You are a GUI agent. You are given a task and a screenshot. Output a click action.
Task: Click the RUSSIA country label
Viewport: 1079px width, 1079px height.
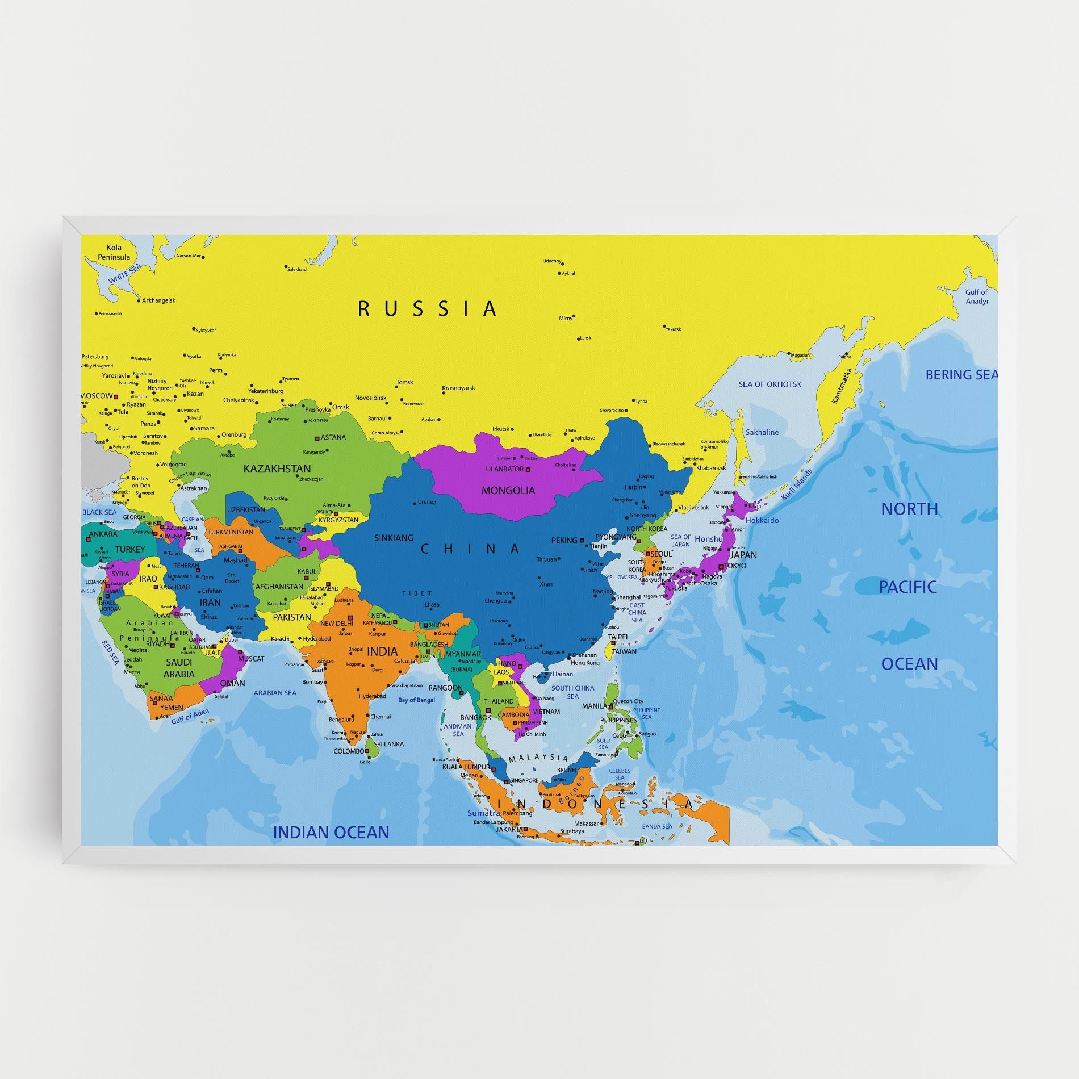(427, 309)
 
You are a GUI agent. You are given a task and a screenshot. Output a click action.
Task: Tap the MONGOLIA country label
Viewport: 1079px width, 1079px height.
(508, 490)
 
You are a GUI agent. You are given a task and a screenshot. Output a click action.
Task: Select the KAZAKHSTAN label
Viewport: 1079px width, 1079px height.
(277, 469)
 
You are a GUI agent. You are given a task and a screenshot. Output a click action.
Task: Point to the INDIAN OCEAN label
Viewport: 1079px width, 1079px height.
(331, 833)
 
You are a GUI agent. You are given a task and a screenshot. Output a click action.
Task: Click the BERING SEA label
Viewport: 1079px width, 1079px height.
(961, 375)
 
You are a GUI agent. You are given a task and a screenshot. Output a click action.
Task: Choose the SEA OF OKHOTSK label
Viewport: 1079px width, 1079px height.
(770, 384)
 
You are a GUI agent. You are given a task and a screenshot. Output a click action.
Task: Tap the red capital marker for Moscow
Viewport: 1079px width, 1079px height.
(116, 396)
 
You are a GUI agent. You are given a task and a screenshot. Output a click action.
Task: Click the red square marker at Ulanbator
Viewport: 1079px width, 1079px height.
(528, 470)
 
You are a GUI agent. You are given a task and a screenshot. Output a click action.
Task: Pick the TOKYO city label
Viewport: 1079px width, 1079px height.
(735, 566)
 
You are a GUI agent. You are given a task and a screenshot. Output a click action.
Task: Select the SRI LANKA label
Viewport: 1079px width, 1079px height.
(389, 744)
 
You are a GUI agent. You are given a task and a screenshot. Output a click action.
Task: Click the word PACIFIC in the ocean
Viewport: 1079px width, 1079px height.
(907, 587)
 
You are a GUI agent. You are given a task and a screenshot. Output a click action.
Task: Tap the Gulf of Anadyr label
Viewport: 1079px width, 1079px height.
(977, 296)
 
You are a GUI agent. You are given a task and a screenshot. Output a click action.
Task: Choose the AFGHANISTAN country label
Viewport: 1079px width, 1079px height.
(279, 587)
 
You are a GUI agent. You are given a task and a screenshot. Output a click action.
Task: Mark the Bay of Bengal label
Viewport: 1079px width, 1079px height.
(416, 700)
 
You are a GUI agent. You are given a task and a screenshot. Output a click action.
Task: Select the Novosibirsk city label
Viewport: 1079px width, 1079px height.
(370, 398)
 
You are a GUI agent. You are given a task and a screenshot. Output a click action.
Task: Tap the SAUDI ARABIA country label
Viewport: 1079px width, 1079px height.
(179, 668)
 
